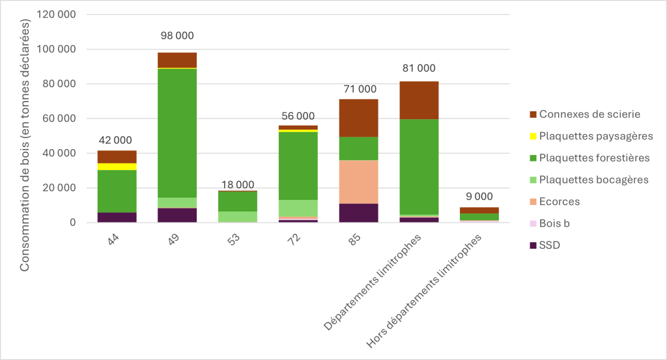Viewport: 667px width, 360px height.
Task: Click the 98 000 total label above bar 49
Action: pyautogui.click(x=177, y=36)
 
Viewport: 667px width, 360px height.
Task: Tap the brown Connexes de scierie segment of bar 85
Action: pyautogui.click(x=358, y=118)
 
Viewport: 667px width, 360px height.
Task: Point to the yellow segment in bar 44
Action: pyautogui.click(x=117, y=167)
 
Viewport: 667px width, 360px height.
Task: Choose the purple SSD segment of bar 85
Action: pyautogui.click(x=358, y=213)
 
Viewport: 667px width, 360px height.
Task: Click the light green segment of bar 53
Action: pyautogui.click(x=238, y=217)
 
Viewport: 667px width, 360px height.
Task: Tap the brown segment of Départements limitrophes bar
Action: pyautogui.click(x=419, y=100)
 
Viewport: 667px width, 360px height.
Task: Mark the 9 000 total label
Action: pyautogui.click(x=479, y=197)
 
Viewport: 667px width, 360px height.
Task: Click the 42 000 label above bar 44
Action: pyautogui.click(x=116, y=140)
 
